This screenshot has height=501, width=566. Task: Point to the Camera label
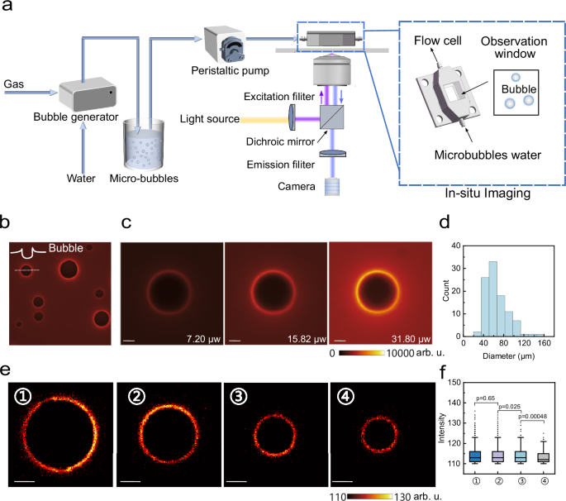(296, 187)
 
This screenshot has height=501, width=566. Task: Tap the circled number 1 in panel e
(25, 397)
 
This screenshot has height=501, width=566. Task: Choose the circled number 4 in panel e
(346, 397)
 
